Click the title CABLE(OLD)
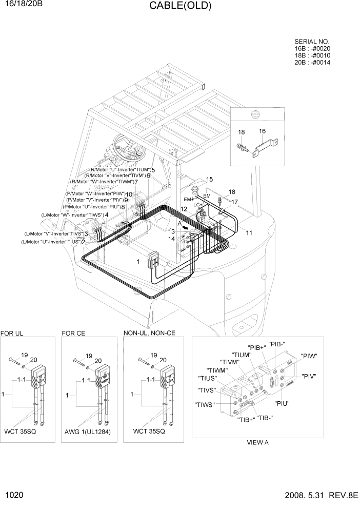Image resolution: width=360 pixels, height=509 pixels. point(179,6)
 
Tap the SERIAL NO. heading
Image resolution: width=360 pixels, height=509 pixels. point(312,42)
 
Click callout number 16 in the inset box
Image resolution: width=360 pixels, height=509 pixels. point(262,131)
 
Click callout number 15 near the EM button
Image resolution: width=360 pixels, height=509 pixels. point(209,179)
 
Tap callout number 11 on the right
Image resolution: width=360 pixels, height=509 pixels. point(249,232)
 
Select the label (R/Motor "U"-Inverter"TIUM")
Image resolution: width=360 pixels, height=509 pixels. point(120,169)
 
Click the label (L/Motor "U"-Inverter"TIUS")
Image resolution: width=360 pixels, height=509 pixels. point(51,242)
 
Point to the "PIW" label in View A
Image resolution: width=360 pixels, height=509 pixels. point(309,356)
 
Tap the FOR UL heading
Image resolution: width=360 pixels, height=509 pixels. point(12,333)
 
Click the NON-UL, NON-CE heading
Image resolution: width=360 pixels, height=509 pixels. point(149,333)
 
